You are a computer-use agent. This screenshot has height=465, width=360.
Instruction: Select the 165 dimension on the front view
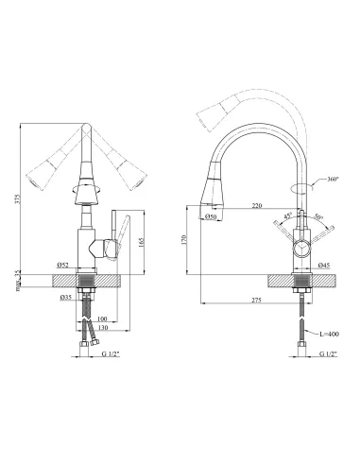click(141, 242)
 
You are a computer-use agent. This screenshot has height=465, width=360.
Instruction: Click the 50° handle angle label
click(318, 217)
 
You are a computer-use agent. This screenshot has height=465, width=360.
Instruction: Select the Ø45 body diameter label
click(325, 266)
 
